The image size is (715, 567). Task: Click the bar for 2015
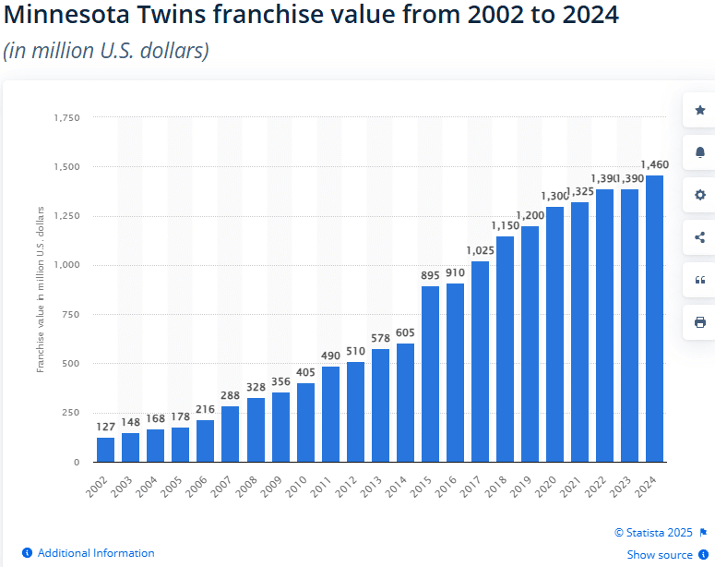click(x=430, y=374)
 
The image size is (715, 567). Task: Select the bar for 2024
click(x=654, y=319)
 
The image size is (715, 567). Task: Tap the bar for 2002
click(x=106, y=450)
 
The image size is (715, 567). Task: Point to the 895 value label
click(x=430, y=276)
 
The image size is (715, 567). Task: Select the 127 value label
click(x=106, y=428)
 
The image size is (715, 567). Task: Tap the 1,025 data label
click(x=480, y=251)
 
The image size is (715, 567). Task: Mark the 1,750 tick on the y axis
click(x=67, y=118)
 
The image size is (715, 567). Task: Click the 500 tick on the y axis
click(x=71, y=363)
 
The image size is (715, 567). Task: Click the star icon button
click(x=699, y=110)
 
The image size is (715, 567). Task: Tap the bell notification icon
click(x=699, y=152)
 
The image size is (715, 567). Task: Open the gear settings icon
click(x=699, y=195)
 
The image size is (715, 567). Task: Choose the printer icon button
click(x=699, y=322)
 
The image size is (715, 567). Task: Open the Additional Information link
click(x=96, y=553)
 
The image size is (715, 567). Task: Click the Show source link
click(x=660, y=555)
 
